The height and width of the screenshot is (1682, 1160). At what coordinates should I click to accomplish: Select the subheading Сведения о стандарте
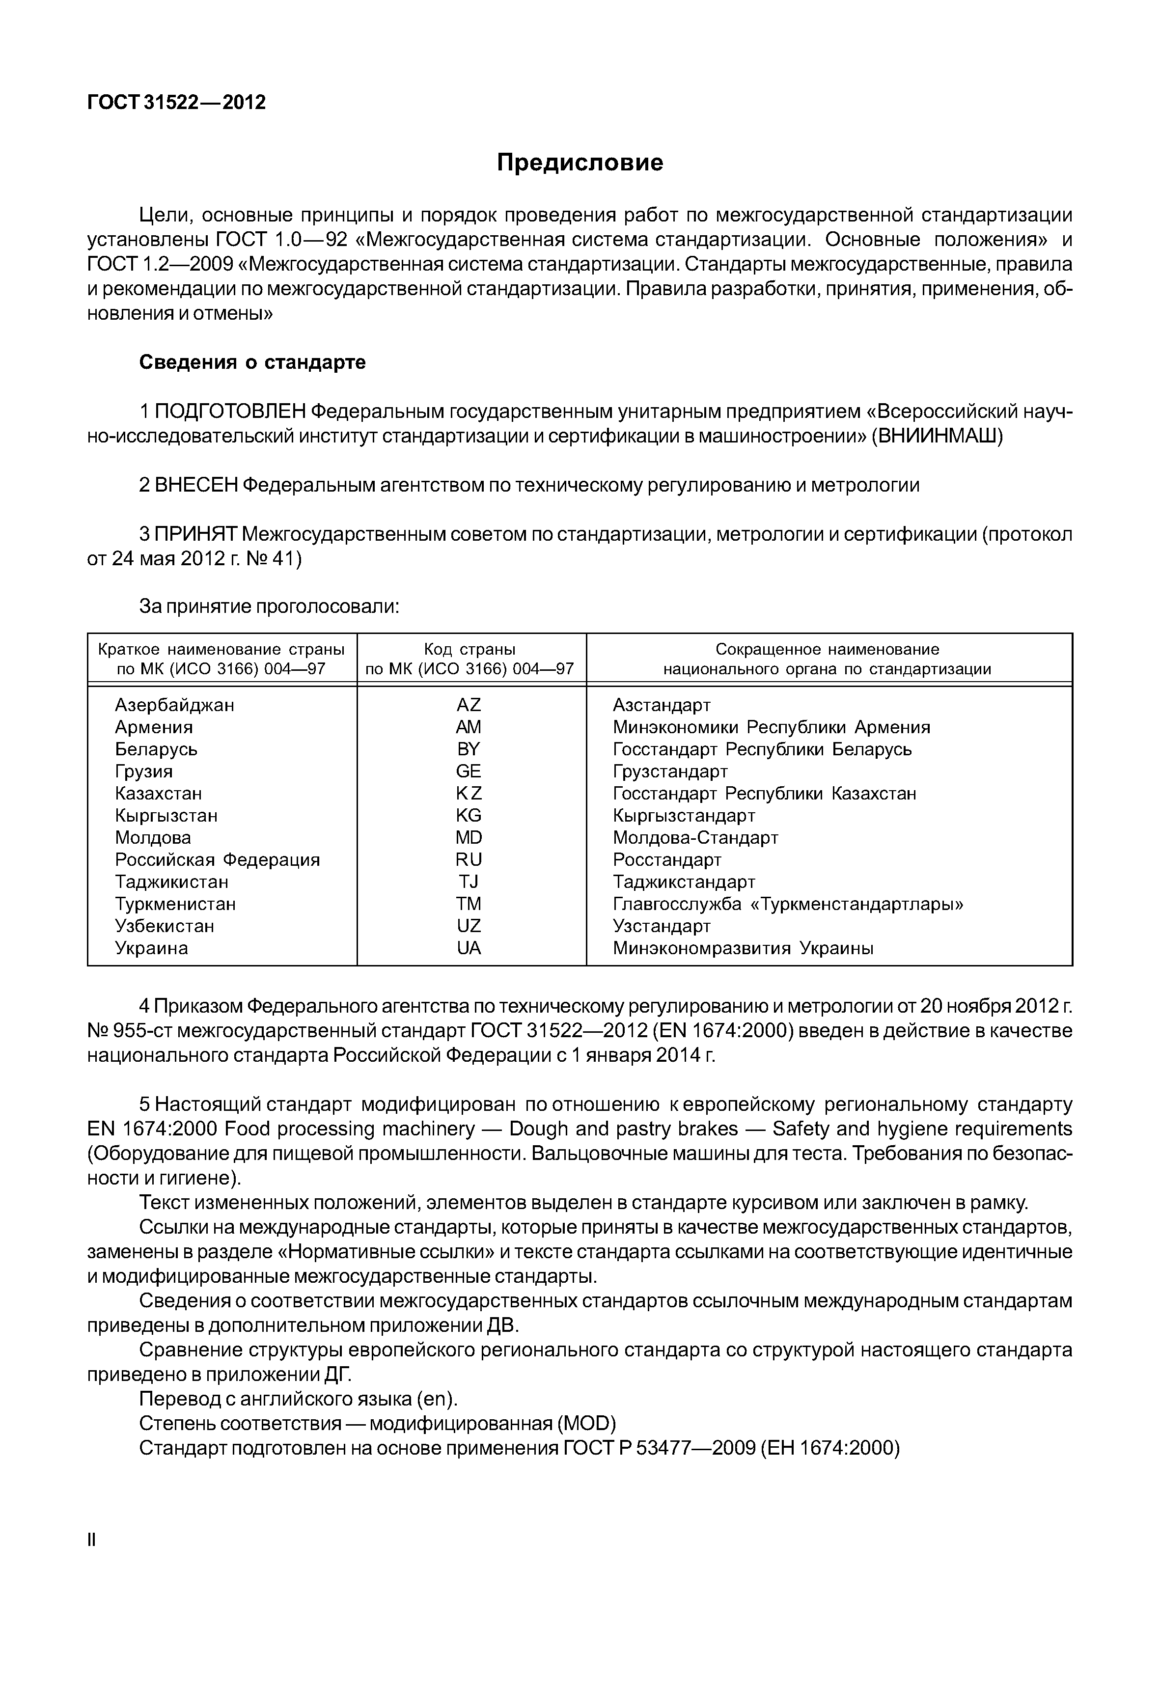tap(252, 362)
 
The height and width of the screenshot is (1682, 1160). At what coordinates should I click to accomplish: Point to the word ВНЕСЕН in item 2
tap(196, 485)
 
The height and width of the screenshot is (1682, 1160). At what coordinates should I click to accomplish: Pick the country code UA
tap(469, 948)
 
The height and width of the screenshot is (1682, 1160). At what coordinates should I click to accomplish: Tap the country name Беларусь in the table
tap(156, 749)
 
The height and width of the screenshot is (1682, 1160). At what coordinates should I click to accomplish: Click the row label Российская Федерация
tap(218, 860)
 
